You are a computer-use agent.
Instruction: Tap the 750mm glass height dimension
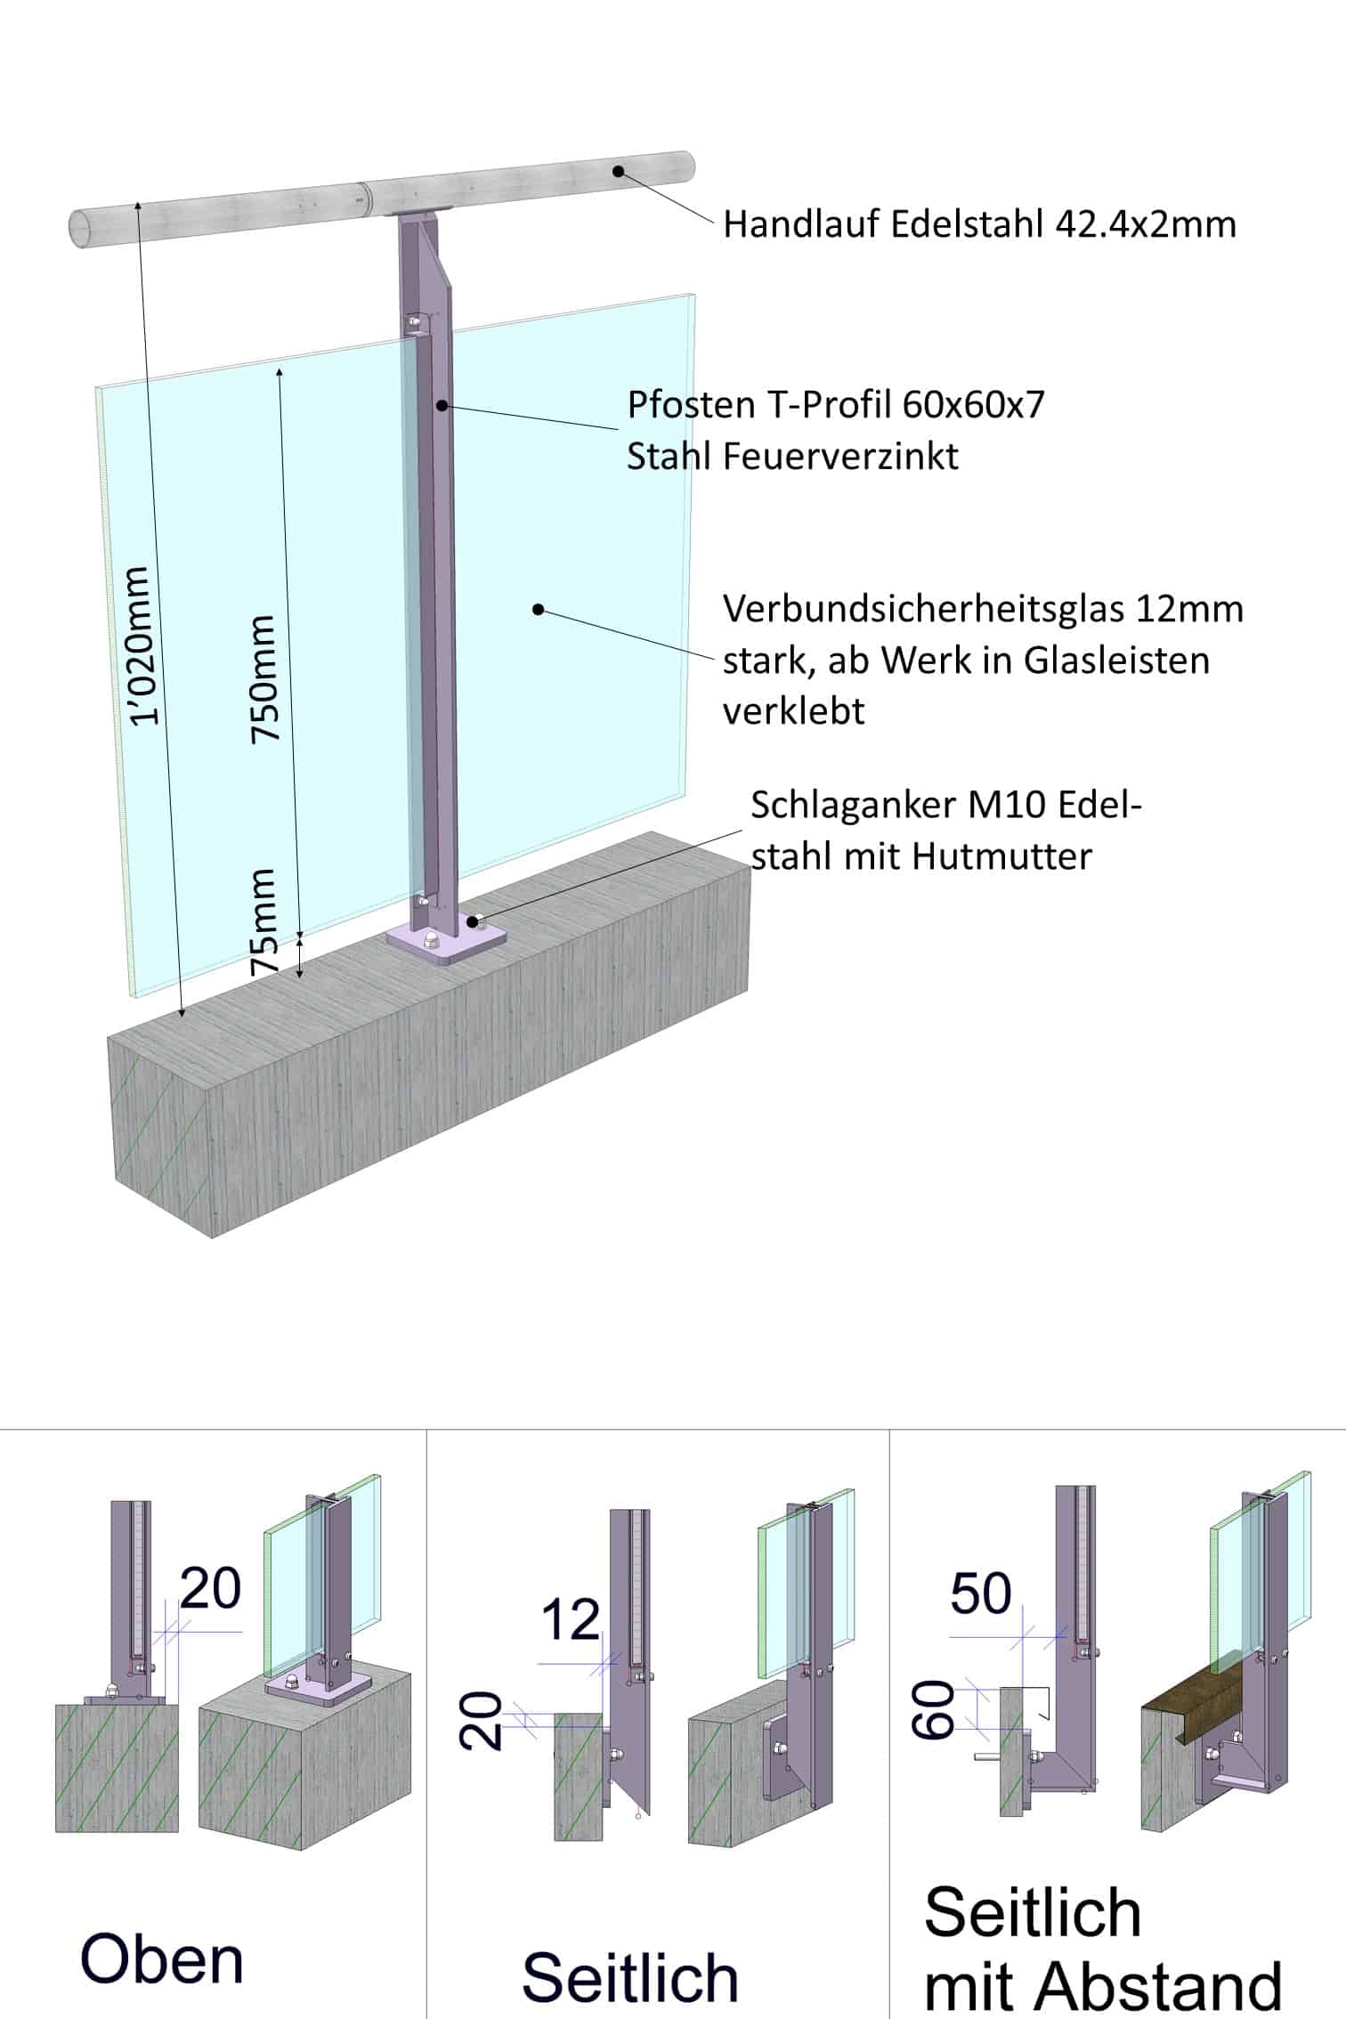point(265,678)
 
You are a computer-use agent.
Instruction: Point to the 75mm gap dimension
point(264,922)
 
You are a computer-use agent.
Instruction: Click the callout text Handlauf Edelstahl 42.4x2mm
point(979,224)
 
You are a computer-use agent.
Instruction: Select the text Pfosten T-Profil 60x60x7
point(836,405)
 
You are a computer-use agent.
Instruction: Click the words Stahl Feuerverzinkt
point(792,456)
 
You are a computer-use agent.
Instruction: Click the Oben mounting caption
point(162,1959)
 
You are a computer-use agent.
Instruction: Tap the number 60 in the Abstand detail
point(932,1709)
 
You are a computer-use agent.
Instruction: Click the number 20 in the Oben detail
point(211,1587)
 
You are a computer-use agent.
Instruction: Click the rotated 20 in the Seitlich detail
point(481,1721)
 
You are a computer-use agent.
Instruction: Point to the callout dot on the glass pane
point(538,610)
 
